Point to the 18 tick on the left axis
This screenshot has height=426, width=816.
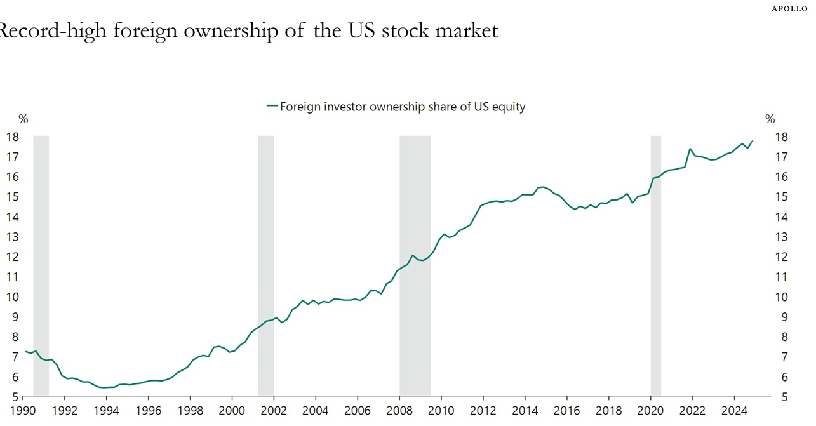pos(12,137)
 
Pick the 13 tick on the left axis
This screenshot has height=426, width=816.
pos(12,237)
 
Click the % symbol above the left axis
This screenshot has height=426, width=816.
pos(23,119)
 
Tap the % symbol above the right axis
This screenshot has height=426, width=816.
pos(770,119)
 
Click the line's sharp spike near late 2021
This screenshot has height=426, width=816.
pos(690,149)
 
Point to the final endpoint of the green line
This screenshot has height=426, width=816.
pos(752,141)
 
